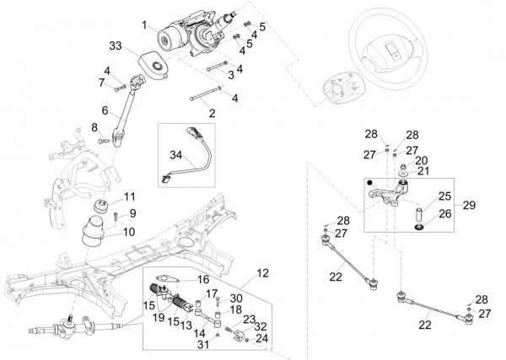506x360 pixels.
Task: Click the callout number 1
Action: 144,26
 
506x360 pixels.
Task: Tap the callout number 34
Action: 175,155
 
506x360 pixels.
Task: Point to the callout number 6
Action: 105,110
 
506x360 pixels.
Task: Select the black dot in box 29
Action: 370,182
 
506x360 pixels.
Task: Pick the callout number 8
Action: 95,127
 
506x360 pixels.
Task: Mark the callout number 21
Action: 422,171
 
